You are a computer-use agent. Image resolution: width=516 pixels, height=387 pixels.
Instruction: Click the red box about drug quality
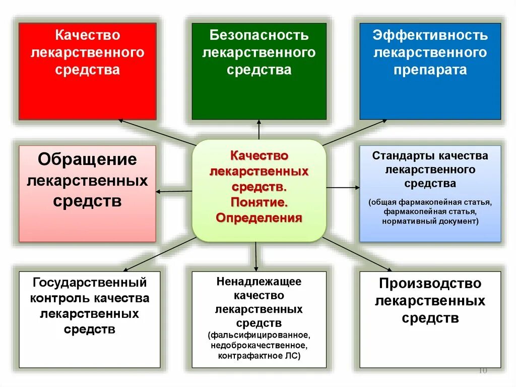(x=87, y=71)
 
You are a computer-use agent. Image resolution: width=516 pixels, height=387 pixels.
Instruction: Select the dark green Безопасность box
(x=259, y=71)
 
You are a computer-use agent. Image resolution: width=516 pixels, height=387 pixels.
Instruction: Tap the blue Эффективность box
(x=430, y=71)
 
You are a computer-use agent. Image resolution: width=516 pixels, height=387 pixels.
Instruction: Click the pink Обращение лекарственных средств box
(x=87, y=193)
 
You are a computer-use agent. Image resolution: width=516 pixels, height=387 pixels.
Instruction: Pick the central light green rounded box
(x=259, y=190)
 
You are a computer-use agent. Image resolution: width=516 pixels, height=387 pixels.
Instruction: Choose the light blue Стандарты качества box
(x=430, y=193)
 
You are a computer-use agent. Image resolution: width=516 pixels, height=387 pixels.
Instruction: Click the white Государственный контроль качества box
(x=89, y=319)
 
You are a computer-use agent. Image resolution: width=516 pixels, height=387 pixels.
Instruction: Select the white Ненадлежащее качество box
(x=259, y=319)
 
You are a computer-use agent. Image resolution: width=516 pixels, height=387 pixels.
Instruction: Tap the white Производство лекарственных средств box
(x=430, y=319)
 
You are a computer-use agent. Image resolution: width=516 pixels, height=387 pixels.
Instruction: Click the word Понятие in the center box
(x=259, y=202)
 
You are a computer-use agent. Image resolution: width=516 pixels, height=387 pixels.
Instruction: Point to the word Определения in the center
(x=259, y=218)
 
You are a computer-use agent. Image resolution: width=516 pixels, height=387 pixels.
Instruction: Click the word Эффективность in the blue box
(x=430, y=36)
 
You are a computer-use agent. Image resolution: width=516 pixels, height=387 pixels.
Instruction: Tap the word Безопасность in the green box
(x=259, y=36)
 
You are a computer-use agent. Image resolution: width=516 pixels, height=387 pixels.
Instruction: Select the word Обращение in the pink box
(x=87, y=159)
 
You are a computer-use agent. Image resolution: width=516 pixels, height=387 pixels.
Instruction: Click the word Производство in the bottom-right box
(x=430, y=284)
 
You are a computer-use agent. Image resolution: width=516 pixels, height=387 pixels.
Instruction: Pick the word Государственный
(x=89, y=282)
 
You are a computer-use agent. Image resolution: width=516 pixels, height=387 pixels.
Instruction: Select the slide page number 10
(x=482, y=371)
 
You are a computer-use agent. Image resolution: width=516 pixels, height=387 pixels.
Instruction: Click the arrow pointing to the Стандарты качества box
(x=343, y=187)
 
